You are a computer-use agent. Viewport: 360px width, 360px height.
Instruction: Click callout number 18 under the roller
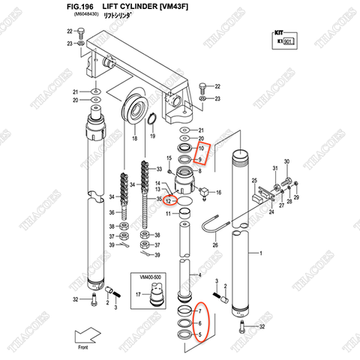(135, 140)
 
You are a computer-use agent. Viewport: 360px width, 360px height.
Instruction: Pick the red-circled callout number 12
(169, 200)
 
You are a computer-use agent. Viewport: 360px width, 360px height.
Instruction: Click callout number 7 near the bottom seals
(199, 310)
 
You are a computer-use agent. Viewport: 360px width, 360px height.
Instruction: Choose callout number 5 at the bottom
(199, 334)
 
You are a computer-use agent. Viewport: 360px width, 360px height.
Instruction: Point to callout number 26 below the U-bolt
(214, 244)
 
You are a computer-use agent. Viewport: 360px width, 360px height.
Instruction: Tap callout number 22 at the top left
(70, 31)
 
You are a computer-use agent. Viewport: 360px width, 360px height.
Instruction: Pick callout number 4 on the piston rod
(199, 275)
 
